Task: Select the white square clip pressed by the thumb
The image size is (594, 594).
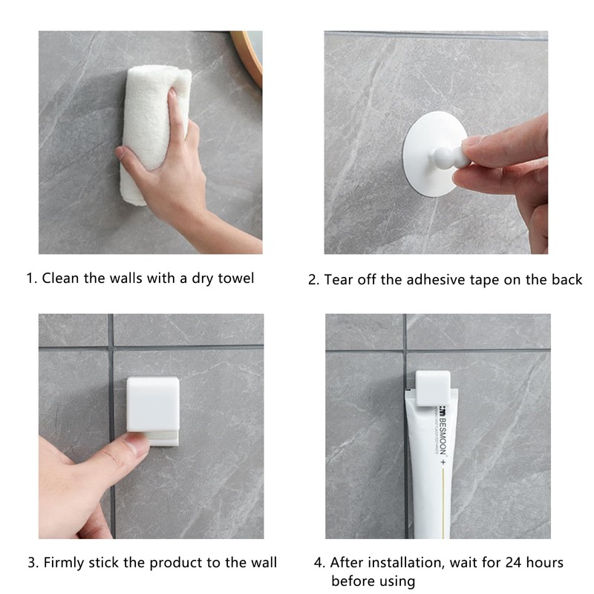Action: pos(152,404)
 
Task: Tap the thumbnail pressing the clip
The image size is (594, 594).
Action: pos(137,444)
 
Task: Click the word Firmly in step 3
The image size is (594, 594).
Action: pos(64,562)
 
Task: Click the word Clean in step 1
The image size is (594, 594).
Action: pos(59,278)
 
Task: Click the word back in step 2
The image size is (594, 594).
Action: pos(565,280)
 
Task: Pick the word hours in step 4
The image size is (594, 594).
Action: pos(540,562)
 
